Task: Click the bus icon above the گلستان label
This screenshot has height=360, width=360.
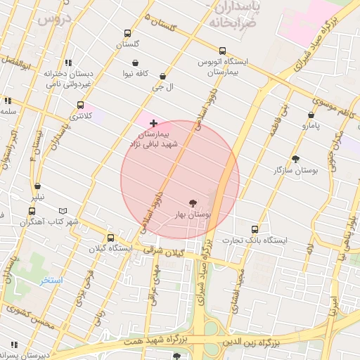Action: click(x=127, y=33)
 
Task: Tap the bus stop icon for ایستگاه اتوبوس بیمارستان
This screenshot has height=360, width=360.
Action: click(x=222, y=51)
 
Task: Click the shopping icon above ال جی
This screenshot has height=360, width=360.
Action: click(x=164, y=76)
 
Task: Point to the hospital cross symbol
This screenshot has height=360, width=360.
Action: click(x=153, y=123)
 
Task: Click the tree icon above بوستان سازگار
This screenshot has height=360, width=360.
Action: click(x=295, y=159)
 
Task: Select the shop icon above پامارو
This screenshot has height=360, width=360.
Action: click(x=311, y=115)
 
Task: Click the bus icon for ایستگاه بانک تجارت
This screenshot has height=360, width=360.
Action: click(x=255, y=229)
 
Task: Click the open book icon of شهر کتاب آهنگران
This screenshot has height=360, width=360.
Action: click(x=64, y=211)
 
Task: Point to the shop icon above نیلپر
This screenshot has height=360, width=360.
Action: click(x=37, y=186)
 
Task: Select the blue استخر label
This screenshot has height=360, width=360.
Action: click(x=51, y=281)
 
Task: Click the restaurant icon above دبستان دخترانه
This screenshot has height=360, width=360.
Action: click(x=67, y=63)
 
